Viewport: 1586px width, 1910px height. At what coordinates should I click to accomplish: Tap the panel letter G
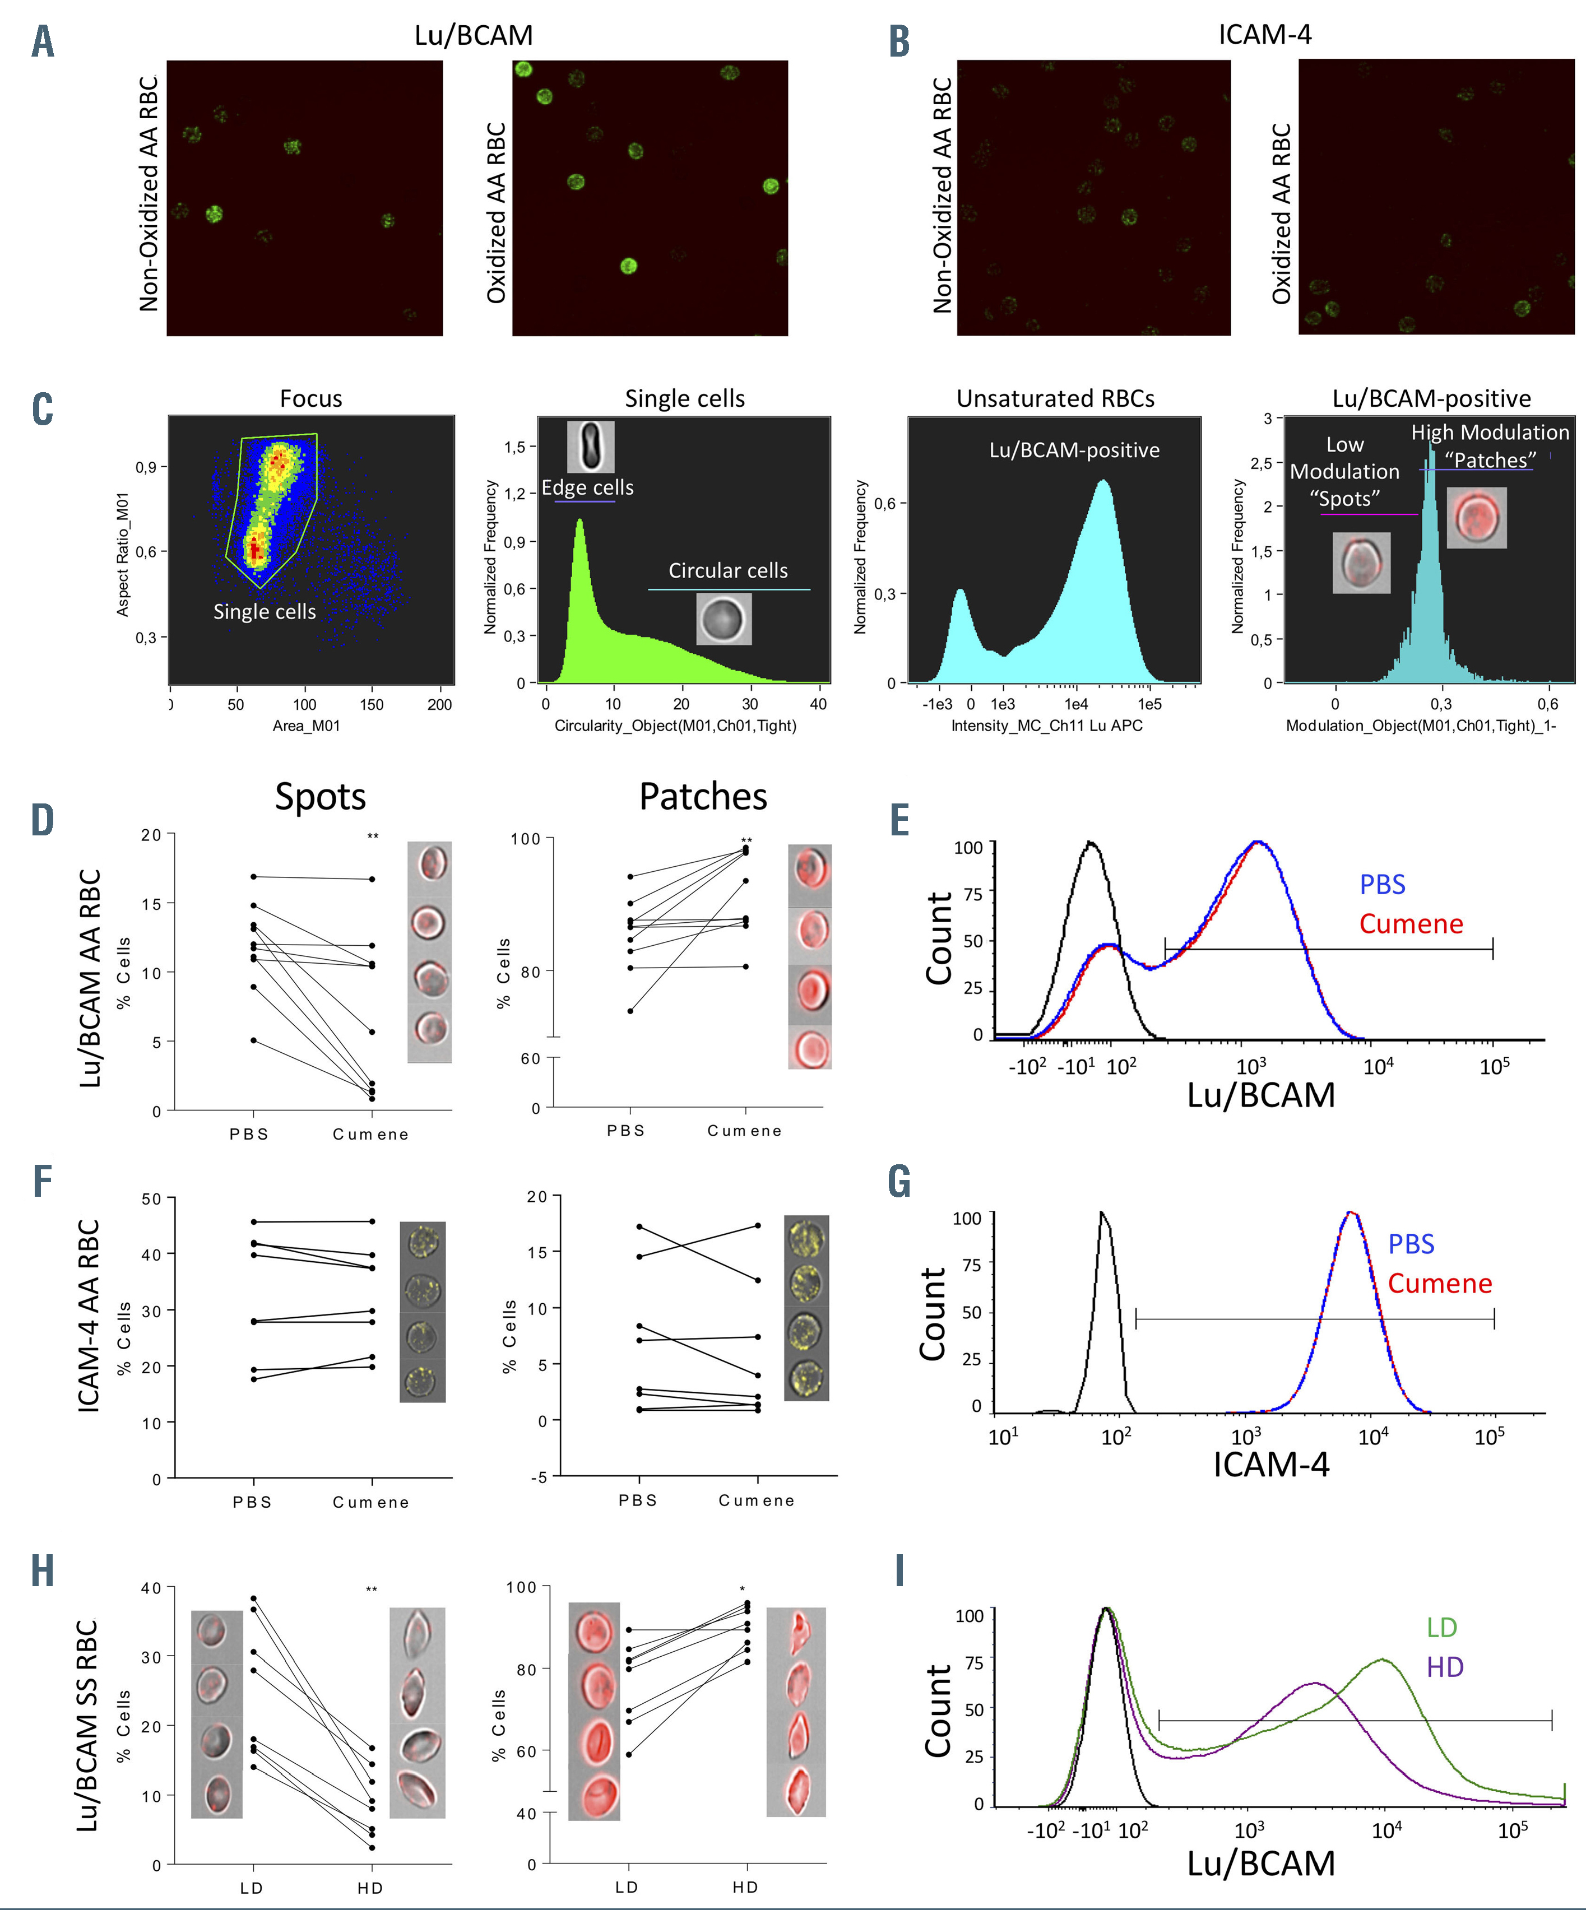pos(899,1182)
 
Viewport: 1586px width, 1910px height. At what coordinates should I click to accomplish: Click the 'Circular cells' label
pos(728,570)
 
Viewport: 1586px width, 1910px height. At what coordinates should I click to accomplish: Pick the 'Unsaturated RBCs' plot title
pos(1055,398)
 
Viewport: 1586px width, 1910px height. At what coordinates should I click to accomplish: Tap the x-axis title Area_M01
pos(306,726)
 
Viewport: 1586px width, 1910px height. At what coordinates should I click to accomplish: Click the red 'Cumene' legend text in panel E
pos(1411,924)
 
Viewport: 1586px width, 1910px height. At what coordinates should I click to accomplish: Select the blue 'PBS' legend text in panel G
pos(1411,1244)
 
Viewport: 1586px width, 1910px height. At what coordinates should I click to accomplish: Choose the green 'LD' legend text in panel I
pos(1441,1627)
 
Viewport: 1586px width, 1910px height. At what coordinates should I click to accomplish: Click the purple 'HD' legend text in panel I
pos(1444,1667)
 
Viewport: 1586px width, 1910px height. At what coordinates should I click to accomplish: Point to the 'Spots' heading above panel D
pos(321,797)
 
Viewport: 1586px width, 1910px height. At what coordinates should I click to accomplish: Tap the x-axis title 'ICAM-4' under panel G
pos(1270,1465)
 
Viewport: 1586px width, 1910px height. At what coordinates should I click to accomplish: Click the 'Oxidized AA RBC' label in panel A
pos(496,213)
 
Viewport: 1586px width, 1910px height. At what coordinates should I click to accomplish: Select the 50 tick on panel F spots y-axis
pos(151,1199)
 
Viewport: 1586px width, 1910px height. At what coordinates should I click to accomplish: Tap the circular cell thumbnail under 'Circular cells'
pos(724,619)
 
